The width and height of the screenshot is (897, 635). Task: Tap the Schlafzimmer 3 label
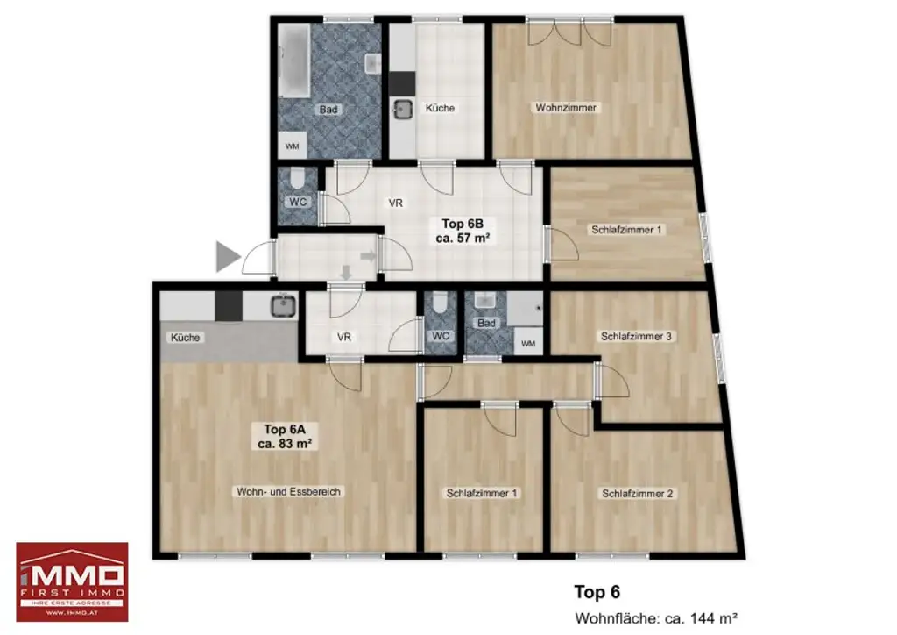point(636,336)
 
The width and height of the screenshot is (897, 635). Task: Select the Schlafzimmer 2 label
point(637,494)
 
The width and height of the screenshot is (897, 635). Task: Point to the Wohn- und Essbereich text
point(288,492)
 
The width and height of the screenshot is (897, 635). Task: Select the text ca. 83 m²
point(286,444)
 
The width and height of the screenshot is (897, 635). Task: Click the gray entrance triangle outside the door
point(228,257)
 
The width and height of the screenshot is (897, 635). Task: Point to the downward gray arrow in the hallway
point(346,274)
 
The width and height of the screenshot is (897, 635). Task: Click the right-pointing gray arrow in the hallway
point(368,255)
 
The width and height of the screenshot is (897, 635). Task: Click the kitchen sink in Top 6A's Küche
point(282,305)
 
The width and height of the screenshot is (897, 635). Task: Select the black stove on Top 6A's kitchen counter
point(228,304)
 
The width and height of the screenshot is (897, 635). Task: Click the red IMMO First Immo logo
point(72,581)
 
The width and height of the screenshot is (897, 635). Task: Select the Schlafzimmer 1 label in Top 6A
point(482,494)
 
